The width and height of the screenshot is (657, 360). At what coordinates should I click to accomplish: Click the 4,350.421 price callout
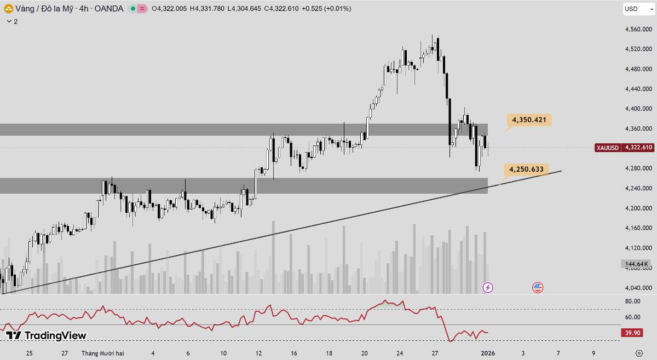(x=529, y=119)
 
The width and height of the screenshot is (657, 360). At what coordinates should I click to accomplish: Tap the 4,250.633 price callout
(x=526, y=170)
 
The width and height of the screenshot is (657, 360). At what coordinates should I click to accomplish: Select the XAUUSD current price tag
(x=624, y=148)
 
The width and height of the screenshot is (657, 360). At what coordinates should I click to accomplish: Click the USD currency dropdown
(x=638, y=9)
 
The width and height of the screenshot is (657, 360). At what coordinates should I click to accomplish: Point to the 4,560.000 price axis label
(x=637, y=30)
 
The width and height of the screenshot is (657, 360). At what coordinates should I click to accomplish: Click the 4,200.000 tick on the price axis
(x=637, y=208)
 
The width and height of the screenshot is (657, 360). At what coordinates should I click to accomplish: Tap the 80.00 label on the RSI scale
(x=632, y=301)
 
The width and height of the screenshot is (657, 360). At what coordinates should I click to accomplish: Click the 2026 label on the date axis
(x=488, y=353)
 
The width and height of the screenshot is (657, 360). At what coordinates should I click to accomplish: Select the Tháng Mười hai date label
(x=103, y=353)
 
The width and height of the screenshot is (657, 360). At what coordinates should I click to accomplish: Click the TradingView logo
(x=46, y=335)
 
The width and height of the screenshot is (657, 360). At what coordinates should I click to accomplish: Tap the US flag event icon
(x=538, y=287)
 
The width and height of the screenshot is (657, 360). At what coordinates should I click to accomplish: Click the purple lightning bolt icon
(x=488, y=287)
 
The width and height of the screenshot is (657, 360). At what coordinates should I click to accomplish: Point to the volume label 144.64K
(x=636, y=264)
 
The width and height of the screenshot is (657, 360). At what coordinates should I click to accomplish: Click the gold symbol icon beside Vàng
(x=8, y=9)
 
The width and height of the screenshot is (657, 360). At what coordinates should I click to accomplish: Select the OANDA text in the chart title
(x=108, y=9)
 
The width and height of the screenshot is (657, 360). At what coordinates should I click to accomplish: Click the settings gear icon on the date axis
(x=639, y=353)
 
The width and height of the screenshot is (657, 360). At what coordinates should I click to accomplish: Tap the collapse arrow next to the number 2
(x=8, y=21)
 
